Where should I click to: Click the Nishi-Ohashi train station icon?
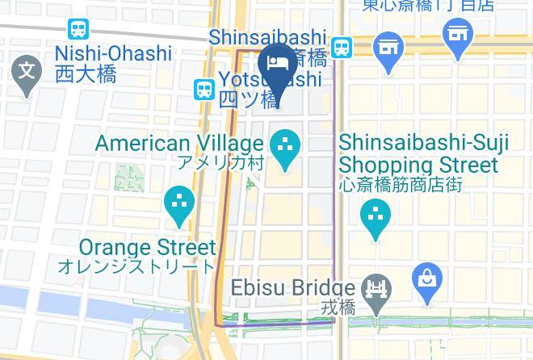tap(78, 30)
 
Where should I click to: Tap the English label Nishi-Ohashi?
tap(113, 54)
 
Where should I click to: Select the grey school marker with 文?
tap(27, 73)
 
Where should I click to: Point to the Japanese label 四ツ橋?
tap(249, 100)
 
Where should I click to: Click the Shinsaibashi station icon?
tap(342, 47)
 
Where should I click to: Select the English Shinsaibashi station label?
tap(267, 38)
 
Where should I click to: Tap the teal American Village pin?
tap(284, 148)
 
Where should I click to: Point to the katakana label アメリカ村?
tap(220, 163)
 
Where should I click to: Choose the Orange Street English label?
tap(148, 247)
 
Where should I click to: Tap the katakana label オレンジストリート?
tap(136, 266)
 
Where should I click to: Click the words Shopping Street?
tap(418, 165)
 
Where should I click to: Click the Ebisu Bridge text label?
tap(293, 288)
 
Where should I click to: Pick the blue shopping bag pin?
tap(426, 281)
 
